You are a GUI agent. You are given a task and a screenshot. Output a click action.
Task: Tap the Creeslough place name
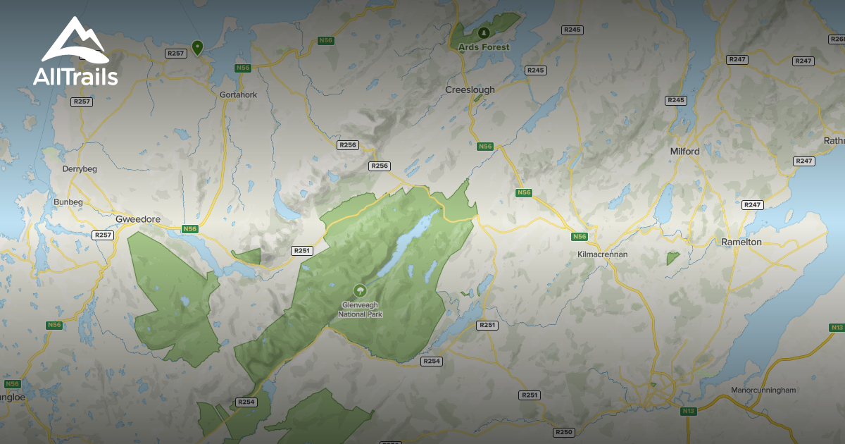470,90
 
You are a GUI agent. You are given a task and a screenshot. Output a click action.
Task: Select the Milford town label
684,152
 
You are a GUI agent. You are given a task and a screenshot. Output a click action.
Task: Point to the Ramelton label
741,242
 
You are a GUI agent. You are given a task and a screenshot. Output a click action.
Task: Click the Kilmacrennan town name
601,254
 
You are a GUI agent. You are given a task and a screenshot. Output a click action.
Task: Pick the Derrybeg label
80,169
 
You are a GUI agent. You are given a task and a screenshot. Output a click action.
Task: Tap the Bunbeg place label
68,202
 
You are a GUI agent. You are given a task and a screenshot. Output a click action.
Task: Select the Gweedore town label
138,220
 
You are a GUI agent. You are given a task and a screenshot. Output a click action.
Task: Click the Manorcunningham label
763,390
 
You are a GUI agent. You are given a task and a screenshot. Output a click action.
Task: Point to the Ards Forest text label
483,47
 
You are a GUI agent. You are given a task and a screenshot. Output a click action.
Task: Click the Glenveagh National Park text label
361,310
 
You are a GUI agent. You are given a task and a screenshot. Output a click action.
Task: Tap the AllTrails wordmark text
75,76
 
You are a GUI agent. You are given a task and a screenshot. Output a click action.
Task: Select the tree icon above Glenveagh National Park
360,290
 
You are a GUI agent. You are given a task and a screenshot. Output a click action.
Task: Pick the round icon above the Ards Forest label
483,32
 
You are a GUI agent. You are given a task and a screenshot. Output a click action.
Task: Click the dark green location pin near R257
198,47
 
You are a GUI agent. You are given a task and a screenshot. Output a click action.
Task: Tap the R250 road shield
564,432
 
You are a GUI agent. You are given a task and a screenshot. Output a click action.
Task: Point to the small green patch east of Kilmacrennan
673,259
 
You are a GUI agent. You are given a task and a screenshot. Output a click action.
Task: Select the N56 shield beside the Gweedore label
189,229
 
